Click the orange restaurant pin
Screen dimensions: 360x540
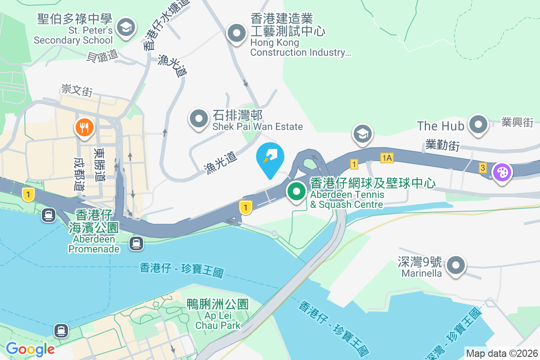(83, 128)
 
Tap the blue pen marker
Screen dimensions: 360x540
(270, 157)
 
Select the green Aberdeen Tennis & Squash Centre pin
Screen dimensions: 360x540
(296, 192)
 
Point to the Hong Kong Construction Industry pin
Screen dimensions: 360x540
(236, 33)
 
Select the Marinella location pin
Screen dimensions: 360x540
(456, 265)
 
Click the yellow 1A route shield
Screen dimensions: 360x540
(387, 157)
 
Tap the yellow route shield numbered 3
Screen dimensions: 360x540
(483, 168)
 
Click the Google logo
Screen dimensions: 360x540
(30, 349)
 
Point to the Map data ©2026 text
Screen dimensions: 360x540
(502, 353)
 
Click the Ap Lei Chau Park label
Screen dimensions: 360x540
(218, 315)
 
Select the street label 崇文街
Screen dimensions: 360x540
(77, 90)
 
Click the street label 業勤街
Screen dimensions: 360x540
(442, 145)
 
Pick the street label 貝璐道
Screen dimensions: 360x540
(102, 56)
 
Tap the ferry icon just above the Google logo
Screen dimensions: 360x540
(61, 331)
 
